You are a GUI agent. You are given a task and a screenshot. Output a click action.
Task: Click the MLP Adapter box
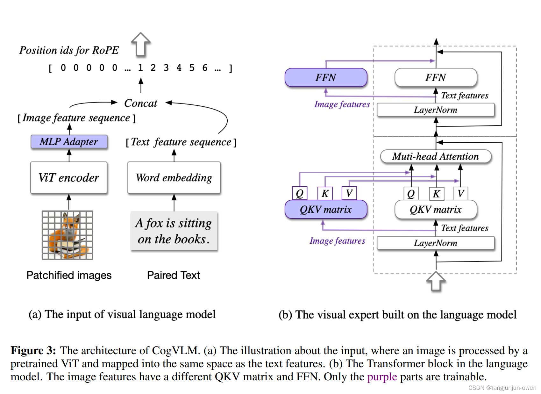[69, 142]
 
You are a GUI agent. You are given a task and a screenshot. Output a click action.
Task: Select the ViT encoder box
[69, 178]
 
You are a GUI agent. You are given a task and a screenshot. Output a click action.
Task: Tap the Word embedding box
[174, 178]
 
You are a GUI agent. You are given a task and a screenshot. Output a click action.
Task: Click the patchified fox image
[68, 235]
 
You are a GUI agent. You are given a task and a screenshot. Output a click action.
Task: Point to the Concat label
[140, 103]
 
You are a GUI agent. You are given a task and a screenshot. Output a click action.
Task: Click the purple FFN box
[326, 77]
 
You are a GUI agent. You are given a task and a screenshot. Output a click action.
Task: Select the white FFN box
[436, 77]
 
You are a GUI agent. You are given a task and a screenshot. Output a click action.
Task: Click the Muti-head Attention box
[436, 156]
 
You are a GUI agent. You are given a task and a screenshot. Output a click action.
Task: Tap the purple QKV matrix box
[326, 210]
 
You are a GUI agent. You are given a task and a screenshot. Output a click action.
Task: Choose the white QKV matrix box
[436, 210]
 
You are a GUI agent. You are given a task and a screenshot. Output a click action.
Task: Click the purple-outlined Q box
[299, 193]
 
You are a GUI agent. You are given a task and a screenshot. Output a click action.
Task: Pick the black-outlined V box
[460, 193]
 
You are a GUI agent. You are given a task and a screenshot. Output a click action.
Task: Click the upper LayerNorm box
[436, 110]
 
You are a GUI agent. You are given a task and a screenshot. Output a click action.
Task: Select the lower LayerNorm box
[436, 243]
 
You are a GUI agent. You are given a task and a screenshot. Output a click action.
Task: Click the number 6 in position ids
[205, 68]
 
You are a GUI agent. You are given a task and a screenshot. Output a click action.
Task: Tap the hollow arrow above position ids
[141, 44]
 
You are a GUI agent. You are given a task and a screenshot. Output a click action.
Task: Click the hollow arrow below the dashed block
[436, 281]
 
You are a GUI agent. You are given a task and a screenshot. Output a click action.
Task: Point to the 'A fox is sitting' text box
[174, 231]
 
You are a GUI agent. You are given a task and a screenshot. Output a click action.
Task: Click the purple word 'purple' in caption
[382, 377]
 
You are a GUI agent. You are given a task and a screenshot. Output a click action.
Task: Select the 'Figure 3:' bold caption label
[33, 350]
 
